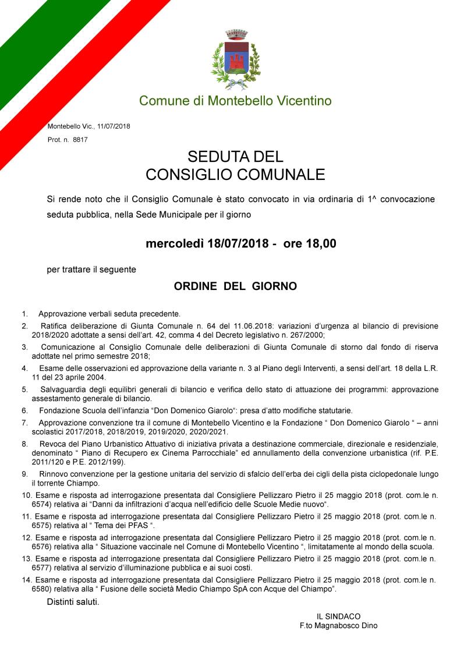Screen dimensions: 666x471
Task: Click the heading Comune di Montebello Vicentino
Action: click(x=235, y=101)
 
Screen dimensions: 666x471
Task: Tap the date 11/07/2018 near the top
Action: click(x=114, y=126)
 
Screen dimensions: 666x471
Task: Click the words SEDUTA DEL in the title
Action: click(x=235, y=157)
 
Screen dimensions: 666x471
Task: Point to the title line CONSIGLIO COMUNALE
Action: click(x=235, y=174)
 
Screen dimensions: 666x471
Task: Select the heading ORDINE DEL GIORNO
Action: click(x=235, y=286)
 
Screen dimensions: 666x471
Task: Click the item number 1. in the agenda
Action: click(x=25, y=314)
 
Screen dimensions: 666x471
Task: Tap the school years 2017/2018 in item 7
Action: click(x=82, y=431)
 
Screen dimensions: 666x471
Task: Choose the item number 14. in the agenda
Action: click(x=26, y=580)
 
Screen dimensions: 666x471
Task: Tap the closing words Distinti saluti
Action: click(x=73, y=601)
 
